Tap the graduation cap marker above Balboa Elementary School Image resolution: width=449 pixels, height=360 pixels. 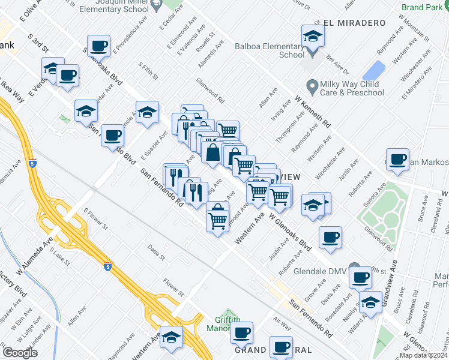tap(313, 37)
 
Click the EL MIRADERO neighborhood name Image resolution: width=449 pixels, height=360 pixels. tap(354, 23)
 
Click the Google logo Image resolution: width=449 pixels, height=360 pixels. tap(20, 352)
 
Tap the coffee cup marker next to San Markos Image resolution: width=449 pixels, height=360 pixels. tap(397, 160)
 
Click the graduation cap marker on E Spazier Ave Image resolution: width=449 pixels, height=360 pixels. tap(147, 112)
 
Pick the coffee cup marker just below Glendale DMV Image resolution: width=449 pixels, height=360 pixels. tap(361, 278)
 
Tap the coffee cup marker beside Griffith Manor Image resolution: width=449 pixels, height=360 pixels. tap(242, 332)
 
